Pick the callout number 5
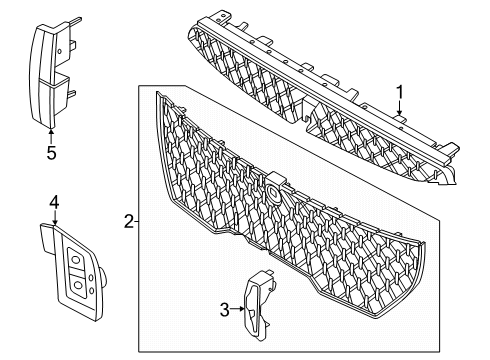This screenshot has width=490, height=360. coord(52,154)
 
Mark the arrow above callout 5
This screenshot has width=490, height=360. coord(52,135)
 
